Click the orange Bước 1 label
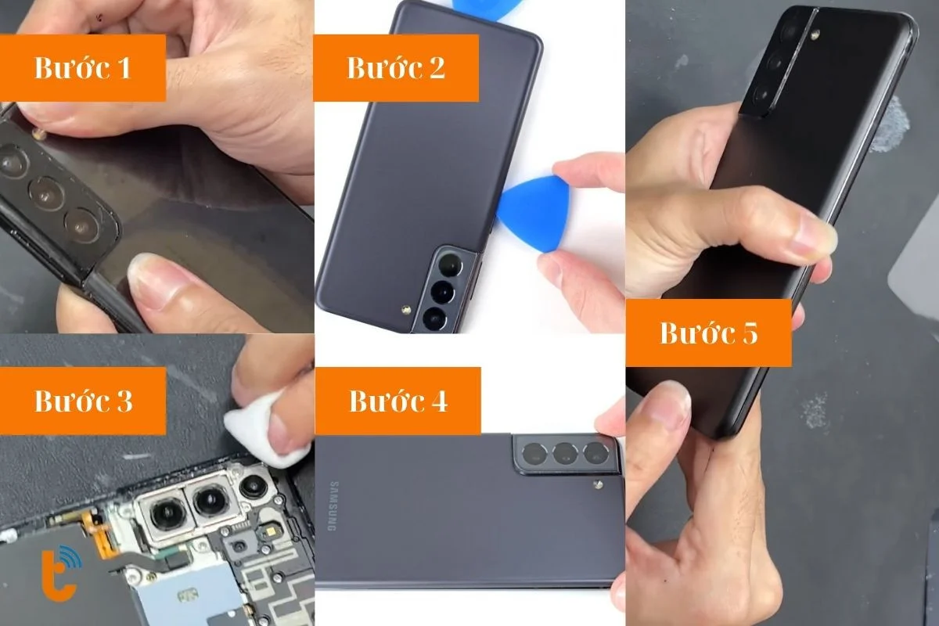click(x=83, y=68)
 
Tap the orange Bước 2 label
click(x=396, y=68)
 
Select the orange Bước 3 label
click(x=83, y=401)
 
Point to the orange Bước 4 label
click(x=398, y=401)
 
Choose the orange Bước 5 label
click(x=709, y=333)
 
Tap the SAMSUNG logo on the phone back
click(x=333, y=506)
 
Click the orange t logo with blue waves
click(x=62, y=572)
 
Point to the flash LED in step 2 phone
click(x=405, y=311)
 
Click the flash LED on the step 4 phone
click(x=599, y=485)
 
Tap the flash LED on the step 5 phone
click(x=815, y=34)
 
